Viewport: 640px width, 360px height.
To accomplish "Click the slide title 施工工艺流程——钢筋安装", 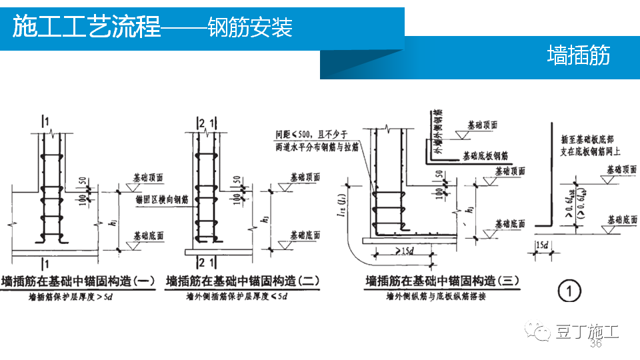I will coord(153,28).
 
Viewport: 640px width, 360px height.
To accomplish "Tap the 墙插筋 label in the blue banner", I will coord(578,55).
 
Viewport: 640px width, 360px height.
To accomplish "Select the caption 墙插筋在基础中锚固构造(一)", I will coord(79,281).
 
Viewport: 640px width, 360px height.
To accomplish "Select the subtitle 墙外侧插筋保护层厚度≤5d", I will coord(232,295).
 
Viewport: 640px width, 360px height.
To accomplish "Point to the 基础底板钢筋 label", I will coord(491,155).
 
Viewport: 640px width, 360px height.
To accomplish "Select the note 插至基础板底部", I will coord(590,141).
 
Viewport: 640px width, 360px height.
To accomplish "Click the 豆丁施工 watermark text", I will coord(587,331).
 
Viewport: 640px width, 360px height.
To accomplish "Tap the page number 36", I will coord(596,344).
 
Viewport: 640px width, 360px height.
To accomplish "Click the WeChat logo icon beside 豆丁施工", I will coord(539,331).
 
